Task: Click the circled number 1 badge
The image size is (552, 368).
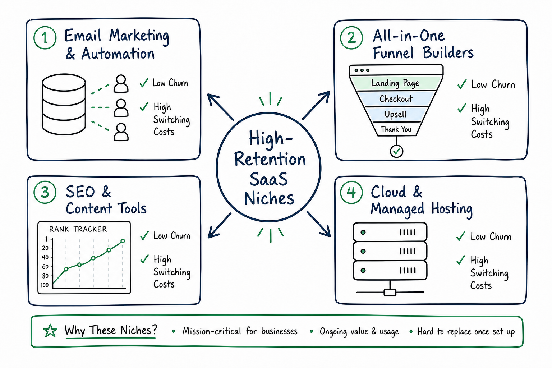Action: (45, 38)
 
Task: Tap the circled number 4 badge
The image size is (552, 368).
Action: (351, 192)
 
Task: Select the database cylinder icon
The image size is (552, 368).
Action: (64, 104)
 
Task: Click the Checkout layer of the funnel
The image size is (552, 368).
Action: (396, 99)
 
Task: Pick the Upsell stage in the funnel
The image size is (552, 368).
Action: (396, 114)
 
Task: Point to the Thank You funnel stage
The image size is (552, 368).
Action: (396, 129)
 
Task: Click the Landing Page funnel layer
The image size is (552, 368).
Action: (395, 83)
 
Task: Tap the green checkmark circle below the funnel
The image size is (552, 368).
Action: (396, 151)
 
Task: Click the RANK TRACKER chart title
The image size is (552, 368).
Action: (78, 229)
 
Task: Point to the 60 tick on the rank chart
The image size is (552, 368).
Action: (46, 266)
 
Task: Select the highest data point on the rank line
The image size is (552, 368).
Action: (123, 241)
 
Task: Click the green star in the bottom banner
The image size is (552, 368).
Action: (50, 331)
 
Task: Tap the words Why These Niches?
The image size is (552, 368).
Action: (111, 330)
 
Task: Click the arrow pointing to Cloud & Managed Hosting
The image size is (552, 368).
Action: (319, 224)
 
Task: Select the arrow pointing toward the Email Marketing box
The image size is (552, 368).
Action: (220, 107)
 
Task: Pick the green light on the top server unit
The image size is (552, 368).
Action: (363, 232)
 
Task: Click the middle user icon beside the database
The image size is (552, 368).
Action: (121, 108)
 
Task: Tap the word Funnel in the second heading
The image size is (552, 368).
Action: (393, 53)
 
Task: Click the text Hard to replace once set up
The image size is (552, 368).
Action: (466, 331)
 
